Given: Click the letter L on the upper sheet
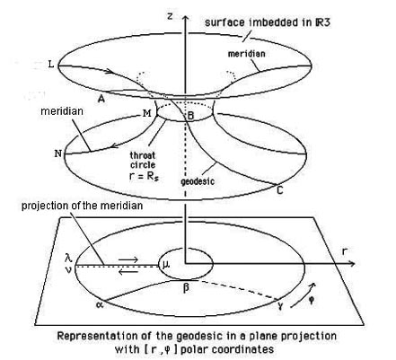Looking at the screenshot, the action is (x=51, y=64).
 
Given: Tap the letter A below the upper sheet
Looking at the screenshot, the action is (x=101, y=99).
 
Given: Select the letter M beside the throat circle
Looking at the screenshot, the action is (x=147, y=113).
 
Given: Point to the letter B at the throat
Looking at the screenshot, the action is (x=190, y=116).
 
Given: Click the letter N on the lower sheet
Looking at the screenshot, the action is (x=57, y=154).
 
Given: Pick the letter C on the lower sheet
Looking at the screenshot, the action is (x=279, y=190).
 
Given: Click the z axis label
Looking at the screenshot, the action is (x=170, y=15).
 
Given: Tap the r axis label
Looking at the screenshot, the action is (x=344, y=251).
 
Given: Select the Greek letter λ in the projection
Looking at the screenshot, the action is (x=68, y=258).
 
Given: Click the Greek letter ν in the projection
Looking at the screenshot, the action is (x=68, y=269).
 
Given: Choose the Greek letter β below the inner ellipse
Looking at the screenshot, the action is (x=186, y=288).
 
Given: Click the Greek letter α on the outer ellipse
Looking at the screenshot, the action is (x=99, y=304).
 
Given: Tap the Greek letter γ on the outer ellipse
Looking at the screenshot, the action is (x=280, y=305).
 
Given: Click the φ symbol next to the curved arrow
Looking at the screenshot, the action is (x=312, y=300).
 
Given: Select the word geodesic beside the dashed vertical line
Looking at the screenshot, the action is (x=198, y=181).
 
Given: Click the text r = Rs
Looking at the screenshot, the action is (x=144, y=176).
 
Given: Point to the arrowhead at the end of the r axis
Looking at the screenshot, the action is (x=352, y=264).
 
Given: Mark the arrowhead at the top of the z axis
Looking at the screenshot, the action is (x=186, y=19).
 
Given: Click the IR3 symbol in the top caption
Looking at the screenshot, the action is (x=322, y=22).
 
